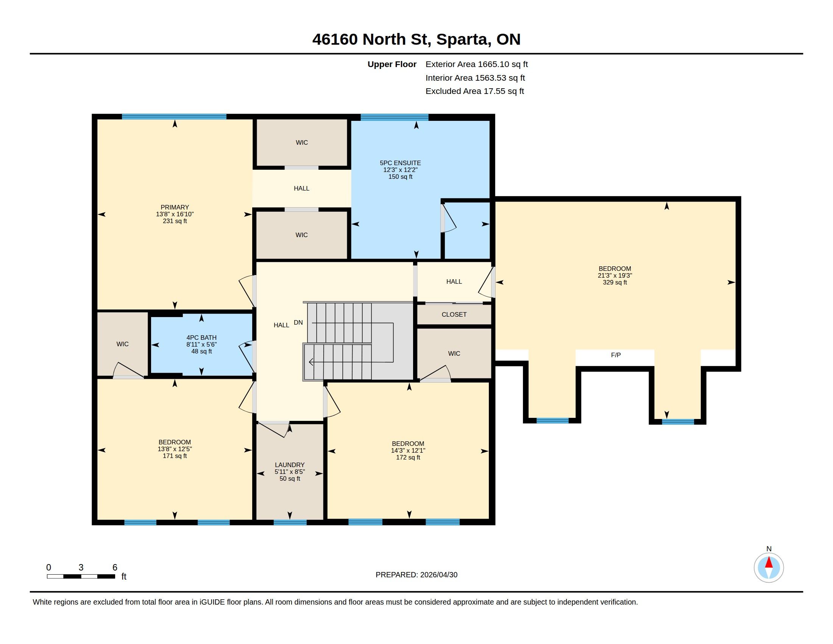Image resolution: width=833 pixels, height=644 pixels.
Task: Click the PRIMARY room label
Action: pyautogui.click(x=175, y=207)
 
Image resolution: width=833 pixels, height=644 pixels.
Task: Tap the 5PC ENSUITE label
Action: pyautogui.click(x=400, y=163)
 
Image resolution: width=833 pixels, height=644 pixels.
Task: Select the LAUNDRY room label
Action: pyautogui.click(x=290, y=465)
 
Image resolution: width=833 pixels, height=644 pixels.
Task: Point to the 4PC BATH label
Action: pyautogui.click(x=201, y=337)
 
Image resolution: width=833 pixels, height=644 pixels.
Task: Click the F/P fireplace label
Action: pyautogui.click(x=616, y=355)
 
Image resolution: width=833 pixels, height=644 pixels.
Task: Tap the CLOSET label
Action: pyautogui.click(x=454, y=314)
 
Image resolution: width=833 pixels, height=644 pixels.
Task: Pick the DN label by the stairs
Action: pyautogui.click(x=298, y=322)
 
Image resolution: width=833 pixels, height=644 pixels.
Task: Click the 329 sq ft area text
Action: pyautogui.click(x=615, y=282)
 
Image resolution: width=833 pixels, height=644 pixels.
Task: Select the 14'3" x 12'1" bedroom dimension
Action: pyautogui.click(x=408, y=450)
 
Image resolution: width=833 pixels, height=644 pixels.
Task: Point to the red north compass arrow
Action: pyautogui.click(x=769, y=562)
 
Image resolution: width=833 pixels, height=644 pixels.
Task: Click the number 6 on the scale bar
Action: pyautogui.click(x=115, y=567)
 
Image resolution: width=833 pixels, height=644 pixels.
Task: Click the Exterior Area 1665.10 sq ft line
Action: pyautogui.click(x=476, y=64)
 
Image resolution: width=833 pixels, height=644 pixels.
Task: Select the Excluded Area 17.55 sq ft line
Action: pyautogui.click(x=474, y=91)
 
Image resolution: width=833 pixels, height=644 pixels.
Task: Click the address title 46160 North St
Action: pyautogui.click(x=372, y=39)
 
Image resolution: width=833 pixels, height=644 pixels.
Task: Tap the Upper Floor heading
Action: pyautogui.click(x=392, y=64)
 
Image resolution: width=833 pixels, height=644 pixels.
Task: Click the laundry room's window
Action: pyautogui.click(x=290, y=522)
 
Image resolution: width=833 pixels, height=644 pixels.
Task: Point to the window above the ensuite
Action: pyautogui.click(x=395, y=117)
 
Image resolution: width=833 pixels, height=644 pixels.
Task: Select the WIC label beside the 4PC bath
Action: pyautogui.click(x=122, y=344)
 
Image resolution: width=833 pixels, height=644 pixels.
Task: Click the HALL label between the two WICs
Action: pyautogui.click(x=301, y=188)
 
